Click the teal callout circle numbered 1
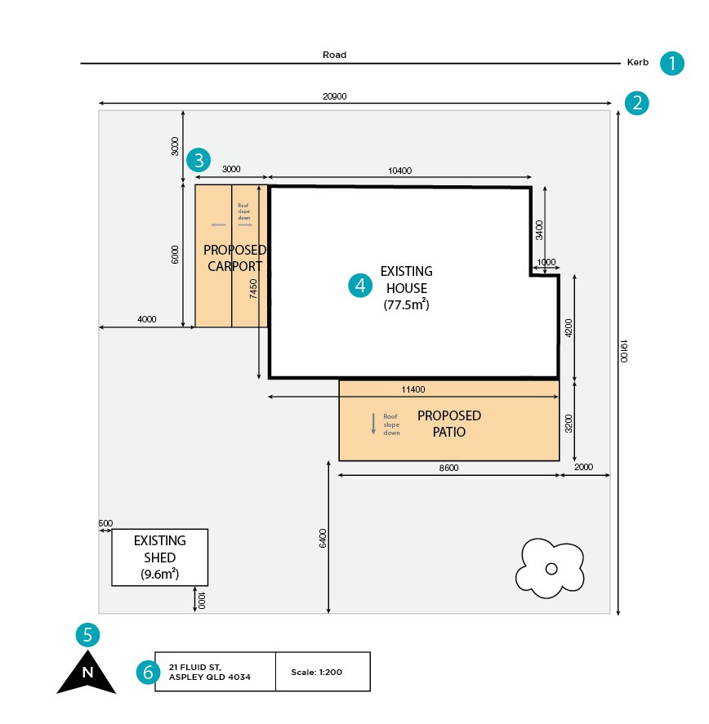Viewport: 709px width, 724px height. point(671,63)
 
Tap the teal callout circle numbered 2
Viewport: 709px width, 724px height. point(637,103)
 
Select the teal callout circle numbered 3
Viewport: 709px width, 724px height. point(198,159)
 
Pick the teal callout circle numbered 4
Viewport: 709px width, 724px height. point(360,285)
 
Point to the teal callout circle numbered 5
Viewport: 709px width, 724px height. point(87,634)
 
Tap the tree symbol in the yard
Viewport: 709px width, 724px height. point(551,567)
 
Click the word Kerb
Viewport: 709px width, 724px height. point(637,63)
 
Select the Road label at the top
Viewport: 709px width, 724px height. point(334,55)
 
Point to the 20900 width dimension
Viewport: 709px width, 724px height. point(334,96)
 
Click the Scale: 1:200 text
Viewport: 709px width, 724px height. point(316,673)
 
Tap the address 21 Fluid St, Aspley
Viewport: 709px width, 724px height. point(209,673)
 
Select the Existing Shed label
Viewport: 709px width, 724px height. point(160,549)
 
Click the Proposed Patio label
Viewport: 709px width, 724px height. point(448,424)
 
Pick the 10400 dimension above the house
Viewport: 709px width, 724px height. point(399,170)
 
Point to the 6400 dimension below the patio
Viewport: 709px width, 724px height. point(323,539)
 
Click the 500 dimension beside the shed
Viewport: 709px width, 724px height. point(105,523)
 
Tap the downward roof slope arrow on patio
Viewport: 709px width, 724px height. point(373,424)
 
